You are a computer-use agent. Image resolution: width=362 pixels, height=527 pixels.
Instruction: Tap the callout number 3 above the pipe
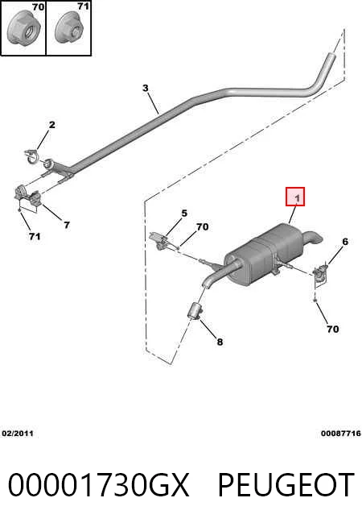(146, 88)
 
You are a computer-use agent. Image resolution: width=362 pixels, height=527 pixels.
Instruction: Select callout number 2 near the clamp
(52, 125)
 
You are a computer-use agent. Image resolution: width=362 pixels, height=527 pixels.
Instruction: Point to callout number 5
(184, 213)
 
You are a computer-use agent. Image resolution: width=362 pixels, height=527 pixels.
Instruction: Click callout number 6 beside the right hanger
(345, 241)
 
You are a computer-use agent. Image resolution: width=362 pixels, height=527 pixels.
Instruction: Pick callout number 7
(67, 225)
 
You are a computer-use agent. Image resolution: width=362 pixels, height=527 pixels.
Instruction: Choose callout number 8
(220, 342)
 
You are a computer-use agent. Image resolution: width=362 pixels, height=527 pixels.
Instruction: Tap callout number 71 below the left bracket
(35, 237)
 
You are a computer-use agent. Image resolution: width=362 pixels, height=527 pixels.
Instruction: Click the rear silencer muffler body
(265, 252)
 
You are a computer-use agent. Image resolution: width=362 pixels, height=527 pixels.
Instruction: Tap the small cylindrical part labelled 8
(195, 311)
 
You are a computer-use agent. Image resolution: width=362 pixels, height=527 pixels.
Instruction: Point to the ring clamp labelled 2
(32, 157)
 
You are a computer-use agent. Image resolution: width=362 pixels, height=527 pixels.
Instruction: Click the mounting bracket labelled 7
(27, 198)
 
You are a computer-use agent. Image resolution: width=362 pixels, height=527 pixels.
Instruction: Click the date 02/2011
(18, 434)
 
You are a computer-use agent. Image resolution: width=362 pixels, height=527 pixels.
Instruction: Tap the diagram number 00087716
(341, 434)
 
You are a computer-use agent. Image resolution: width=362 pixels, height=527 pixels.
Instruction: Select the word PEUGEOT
(286, 484)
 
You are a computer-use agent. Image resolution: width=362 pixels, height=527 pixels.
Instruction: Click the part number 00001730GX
(99, 484)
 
